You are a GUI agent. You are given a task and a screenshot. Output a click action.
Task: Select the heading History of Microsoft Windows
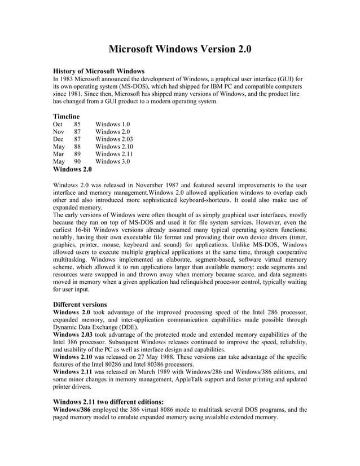99,71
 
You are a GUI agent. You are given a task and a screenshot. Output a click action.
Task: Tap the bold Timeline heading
66,116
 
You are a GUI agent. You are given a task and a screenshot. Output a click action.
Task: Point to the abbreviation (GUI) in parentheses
287,79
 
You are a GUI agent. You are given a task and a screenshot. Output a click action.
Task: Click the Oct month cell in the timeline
58,124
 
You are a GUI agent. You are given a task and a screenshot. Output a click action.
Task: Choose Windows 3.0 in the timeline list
112,161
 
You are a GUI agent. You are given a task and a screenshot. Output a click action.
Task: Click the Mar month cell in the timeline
59,153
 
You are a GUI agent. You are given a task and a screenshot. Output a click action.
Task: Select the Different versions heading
80,304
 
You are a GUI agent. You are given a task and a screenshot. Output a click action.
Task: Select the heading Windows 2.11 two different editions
108,402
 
